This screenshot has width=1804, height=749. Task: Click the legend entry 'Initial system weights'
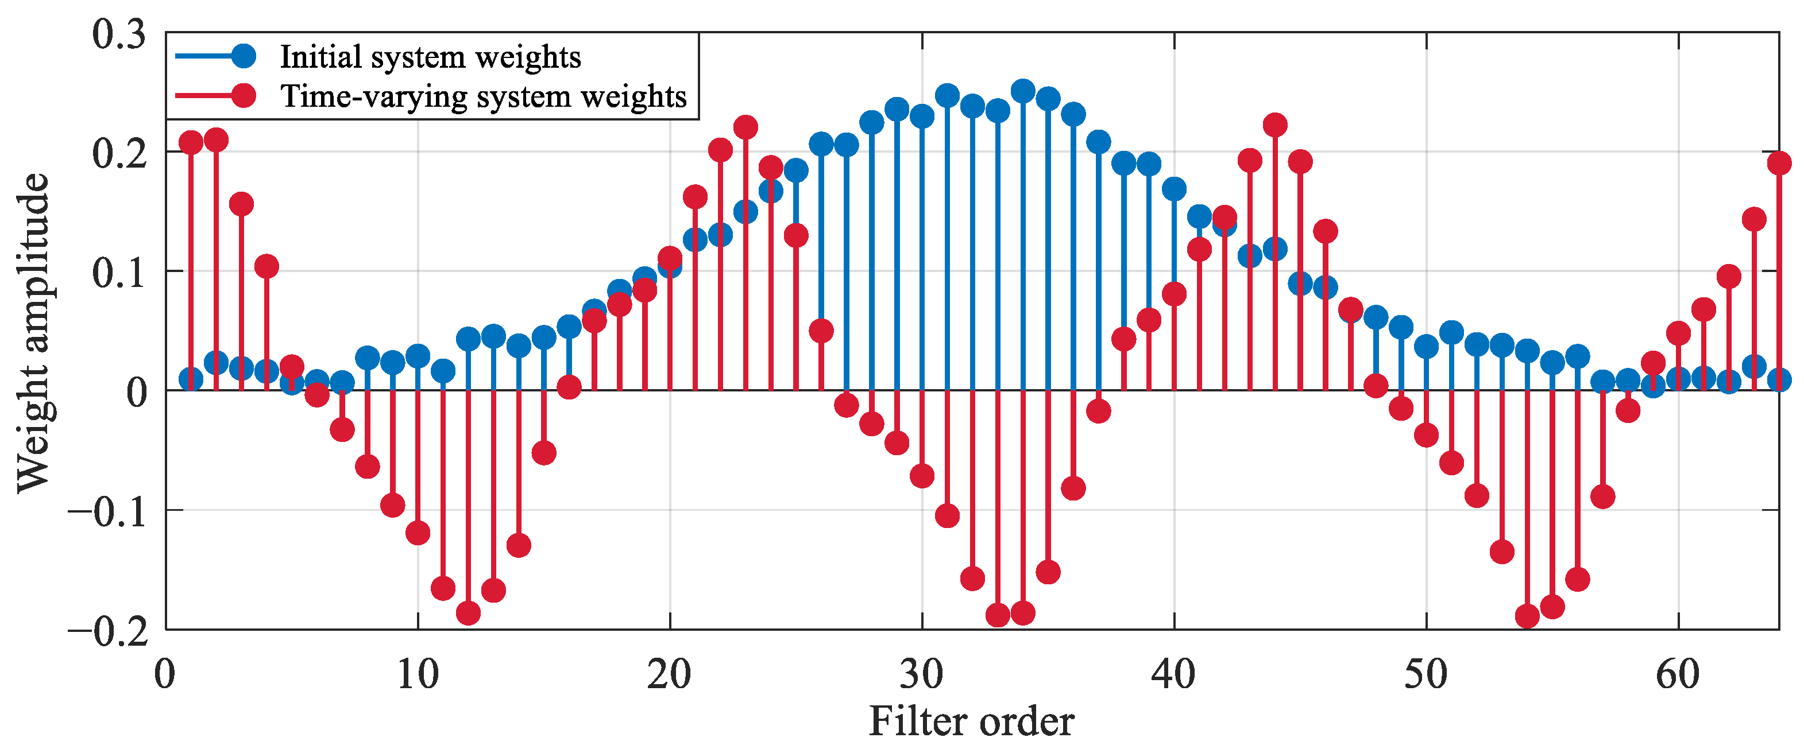(430, 57)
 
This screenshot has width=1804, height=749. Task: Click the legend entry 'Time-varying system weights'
(483, 96)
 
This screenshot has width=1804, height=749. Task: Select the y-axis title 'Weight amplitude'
(33, 332)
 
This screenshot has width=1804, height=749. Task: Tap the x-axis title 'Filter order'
(971, 721)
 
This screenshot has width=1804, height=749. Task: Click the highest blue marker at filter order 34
(1023, 91)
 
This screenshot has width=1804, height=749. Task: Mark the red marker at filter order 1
(191, 143)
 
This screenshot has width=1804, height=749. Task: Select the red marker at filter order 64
(1779, 163)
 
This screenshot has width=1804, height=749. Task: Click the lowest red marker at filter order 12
(468, 613)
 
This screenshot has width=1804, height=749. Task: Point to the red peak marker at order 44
(1275, 125)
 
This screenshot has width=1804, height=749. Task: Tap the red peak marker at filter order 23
(745, 127)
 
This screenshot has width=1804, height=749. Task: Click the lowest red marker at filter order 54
(1527, 616)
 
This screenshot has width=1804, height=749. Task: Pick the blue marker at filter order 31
(948, 96)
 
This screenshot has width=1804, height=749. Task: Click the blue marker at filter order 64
(1779, 380)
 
